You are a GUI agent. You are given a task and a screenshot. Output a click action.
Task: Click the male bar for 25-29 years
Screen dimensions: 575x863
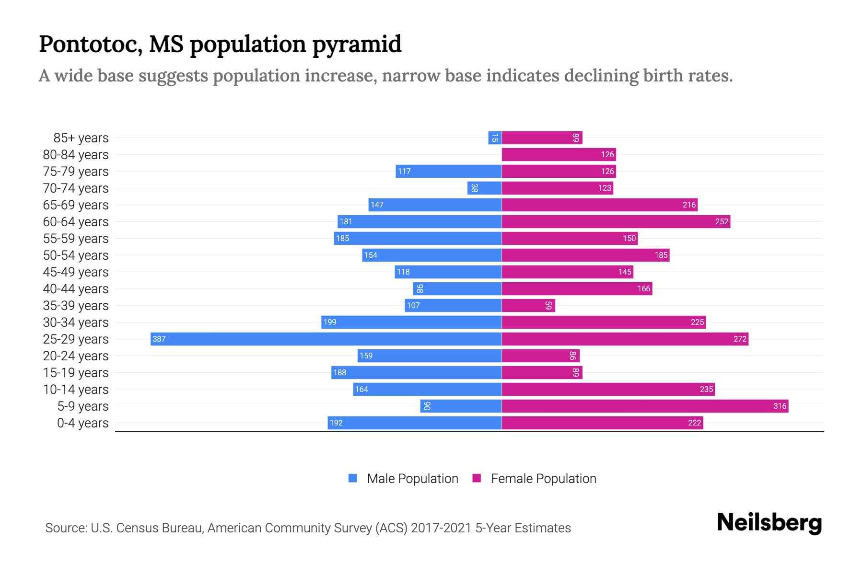326,339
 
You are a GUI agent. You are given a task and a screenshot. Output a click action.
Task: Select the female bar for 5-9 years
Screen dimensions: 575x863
645,406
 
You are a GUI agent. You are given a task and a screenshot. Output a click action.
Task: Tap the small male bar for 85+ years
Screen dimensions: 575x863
495,138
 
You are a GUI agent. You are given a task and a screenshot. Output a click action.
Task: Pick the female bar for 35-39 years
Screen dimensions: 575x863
527,305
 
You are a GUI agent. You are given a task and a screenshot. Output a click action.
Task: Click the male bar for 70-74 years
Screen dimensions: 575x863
484,188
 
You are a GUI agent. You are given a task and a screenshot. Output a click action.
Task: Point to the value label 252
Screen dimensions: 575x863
721,221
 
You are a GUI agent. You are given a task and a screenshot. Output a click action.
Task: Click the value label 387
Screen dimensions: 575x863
159,339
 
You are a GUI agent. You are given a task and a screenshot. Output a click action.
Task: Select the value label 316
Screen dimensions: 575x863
780,406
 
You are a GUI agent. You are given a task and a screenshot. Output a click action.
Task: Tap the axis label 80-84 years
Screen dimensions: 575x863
76,155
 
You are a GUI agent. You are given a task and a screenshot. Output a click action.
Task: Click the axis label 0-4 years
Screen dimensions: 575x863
82,423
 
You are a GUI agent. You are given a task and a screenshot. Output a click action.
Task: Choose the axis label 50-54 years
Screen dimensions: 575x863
76,255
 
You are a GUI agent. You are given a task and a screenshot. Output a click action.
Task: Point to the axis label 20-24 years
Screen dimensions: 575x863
76,356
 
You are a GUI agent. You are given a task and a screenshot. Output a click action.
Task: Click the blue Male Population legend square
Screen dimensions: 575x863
353,478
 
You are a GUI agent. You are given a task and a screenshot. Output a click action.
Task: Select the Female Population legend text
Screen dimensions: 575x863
543,478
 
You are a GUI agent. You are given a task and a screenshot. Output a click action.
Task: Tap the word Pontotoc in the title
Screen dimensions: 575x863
90,44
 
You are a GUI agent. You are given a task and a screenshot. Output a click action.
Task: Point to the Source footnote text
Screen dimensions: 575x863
308,528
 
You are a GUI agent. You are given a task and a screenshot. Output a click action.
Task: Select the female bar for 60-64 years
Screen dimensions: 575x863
616,221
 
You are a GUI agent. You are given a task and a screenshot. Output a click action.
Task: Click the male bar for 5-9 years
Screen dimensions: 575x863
460,406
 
